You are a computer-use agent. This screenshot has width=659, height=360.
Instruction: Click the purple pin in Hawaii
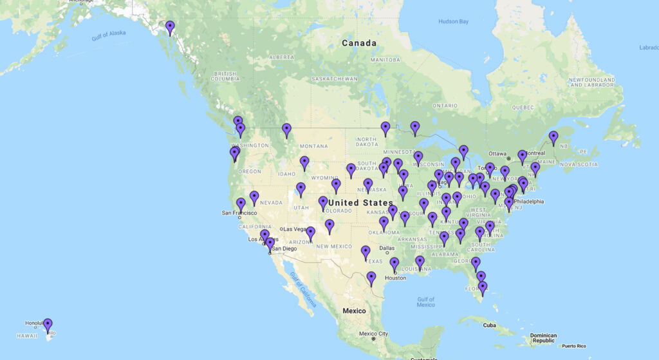(x=48, y=325)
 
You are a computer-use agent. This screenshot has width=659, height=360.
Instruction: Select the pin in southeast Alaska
(x=170, y=27)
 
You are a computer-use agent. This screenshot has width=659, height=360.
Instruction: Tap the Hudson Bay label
(x=454, y=21)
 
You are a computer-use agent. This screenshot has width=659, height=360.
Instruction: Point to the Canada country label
(x=358, y=43)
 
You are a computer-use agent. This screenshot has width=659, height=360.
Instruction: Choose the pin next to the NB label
(x=553, y=138)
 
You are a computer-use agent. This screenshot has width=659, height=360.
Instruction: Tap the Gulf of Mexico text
(x=426, y=301)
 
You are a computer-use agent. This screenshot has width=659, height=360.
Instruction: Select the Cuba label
(x=490, y=325)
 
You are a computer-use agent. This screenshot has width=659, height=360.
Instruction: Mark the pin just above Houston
(x=394, y=264)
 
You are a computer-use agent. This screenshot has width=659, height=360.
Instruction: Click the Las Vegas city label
(x=297, y=229)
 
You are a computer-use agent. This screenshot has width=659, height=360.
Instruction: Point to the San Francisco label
(x=239, y=213)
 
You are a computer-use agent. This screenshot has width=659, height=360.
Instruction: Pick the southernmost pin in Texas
(x=371, y=278)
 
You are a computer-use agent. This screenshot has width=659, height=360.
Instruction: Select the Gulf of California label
(x=302, y=290)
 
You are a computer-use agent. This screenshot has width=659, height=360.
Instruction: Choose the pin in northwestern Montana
(x=286, y=130)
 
